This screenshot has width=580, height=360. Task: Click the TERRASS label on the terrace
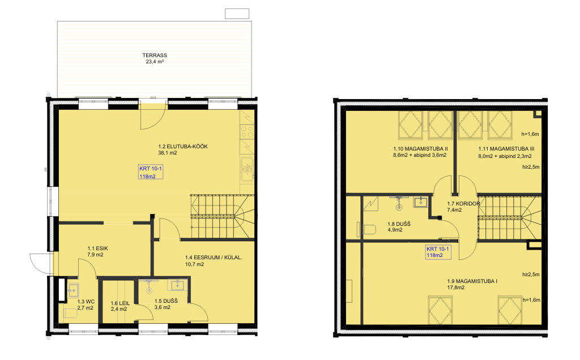(155, 55)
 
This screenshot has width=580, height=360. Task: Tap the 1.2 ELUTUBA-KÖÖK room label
(183, 147)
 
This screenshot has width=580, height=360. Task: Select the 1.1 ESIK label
(97, 248)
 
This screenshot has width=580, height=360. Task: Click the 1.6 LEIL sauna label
(120, 303)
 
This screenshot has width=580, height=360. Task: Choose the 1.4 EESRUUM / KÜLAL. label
(214, 257)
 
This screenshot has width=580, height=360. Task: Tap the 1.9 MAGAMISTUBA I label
(472, 281)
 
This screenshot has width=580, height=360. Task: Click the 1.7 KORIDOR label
(463, 204)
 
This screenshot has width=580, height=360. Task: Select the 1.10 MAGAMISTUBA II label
(421, 149)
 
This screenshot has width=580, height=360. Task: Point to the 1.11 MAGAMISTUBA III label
(506, 149)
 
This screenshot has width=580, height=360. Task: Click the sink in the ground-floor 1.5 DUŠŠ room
(177, 285)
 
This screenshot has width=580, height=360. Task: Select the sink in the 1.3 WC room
(72, 290)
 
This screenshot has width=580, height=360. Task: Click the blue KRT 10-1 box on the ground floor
(151, 172)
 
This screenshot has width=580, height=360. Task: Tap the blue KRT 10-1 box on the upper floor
(438, 252)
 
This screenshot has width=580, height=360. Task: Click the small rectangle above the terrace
(237, 14)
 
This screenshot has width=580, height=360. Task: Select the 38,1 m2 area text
(168, 153)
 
